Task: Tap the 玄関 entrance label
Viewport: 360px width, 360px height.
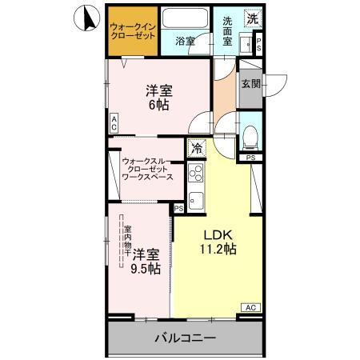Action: (x=250, y=83)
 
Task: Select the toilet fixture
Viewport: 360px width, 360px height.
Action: (x=250, y=137)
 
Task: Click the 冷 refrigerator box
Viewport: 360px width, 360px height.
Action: (x=196, y=148)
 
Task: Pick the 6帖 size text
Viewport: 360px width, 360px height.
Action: (x=158, y=103)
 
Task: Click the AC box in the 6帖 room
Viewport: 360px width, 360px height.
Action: (x=114, y=123)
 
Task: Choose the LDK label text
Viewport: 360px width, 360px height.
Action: (x=216, y=234)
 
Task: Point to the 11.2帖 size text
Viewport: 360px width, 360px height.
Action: (x=217, y=250)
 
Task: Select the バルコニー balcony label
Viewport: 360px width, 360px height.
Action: (x=185, y=338)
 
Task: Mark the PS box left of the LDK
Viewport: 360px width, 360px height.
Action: (x=178, y=208)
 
